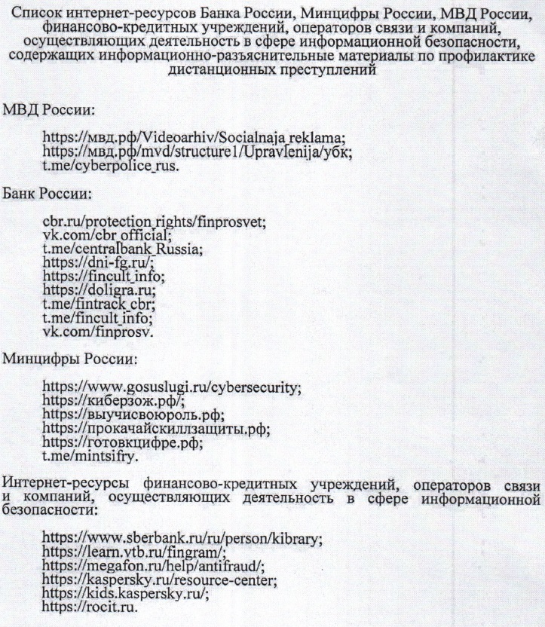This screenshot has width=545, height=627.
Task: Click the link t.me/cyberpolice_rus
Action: coord(111,166)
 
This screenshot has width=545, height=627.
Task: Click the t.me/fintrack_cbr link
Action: coord(99,303)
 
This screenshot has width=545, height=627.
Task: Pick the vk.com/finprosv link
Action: coord(96,329)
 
